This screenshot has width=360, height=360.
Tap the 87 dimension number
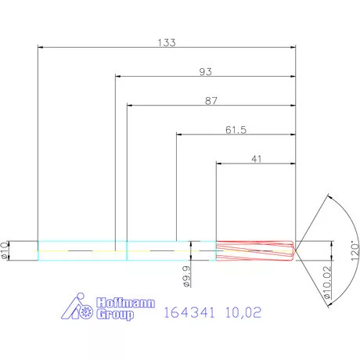[x=211, y=101]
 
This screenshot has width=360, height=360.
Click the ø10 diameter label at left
[x=6, y=250]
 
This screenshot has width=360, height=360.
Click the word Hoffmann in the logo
[x=124, y=303]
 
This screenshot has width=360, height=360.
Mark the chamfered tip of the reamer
[x=293, y=250]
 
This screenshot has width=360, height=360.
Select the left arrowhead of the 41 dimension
[x=219, y=164]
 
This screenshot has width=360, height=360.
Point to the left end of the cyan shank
[x=39, y=250]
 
